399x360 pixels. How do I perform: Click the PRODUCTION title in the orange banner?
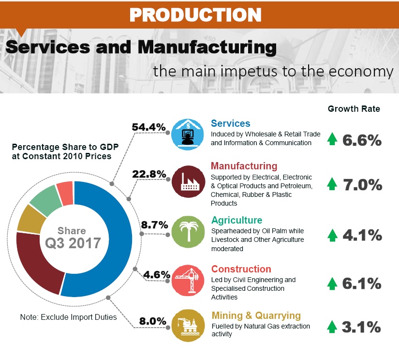[x=195, y=15]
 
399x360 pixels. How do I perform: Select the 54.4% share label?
[x=149, y=127]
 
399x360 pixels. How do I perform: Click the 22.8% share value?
[x=149, y=174]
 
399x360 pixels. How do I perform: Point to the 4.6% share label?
[x=155, y=275]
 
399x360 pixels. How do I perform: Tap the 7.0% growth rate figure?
[x=362, y=184]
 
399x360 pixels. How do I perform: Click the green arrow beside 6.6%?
[x=332, y=139]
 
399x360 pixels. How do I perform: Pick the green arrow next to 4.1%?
[x=332, y=235]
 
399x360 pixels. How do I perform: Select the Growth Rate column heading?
[x=354, y=109]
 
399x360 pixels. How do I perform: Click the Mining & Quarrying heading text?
[x=256, y=315]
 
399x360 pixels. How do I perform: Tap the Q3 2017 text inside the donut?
[x=73, y=242]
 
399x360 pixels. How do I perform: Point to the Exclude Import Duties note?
[x=68, y=317]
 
